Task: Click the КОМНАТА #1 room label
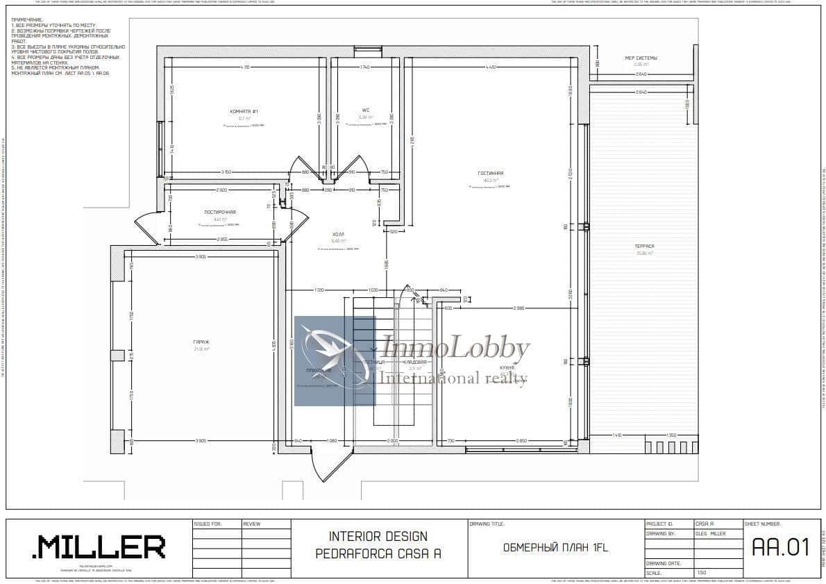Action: pyautogui.click(x=244, y=111)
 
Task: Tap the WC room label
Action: pyautogui.click(x=365, y=110)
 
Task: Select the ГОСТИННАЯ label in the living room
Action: pyautogui.click(x=490, y=173)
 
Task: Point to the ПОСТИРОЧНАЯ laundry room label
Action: pyautogui.click(x=219, y=212)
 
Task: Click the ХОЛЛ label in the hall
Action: pyautogui.click(x=338, y=235)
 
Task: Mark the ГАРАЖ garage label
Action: pyautogui.click(x=201, y=342)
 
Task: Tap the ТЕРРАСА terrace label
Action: pyautogui.click(x=643, y=247)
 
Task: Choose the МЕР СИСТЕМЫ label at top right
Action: pyautogui.click(x=641, y=58)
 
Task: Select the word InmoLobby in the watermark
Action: pyautogui.click(x=456, y=349)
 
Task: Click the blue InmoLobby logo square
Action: pyautogui.click(x=335, y=360)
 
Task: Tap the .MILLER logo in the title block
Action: pyautogui.click(x=99, y=547)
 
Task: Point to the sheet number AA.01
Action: pyautogui.click(x=781, y=547)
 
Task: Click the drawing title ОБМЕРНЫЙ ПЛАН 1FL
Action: pyautogui.click(x=555, y=548)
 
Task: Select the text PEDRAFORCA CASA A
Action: pyautogui.click(x=378, y=553)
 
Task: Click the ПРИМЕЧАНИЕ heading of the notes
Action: pyautogui.click(x=27, y=20)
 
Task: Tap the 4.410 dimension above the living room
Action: pyautogui.click(x=490, y=67)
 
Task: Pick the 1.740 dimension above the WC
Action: pyautogui.click(x=364, y=67)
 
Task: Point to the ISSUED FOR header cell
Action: pyautogui.click(x=208, y=524)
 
